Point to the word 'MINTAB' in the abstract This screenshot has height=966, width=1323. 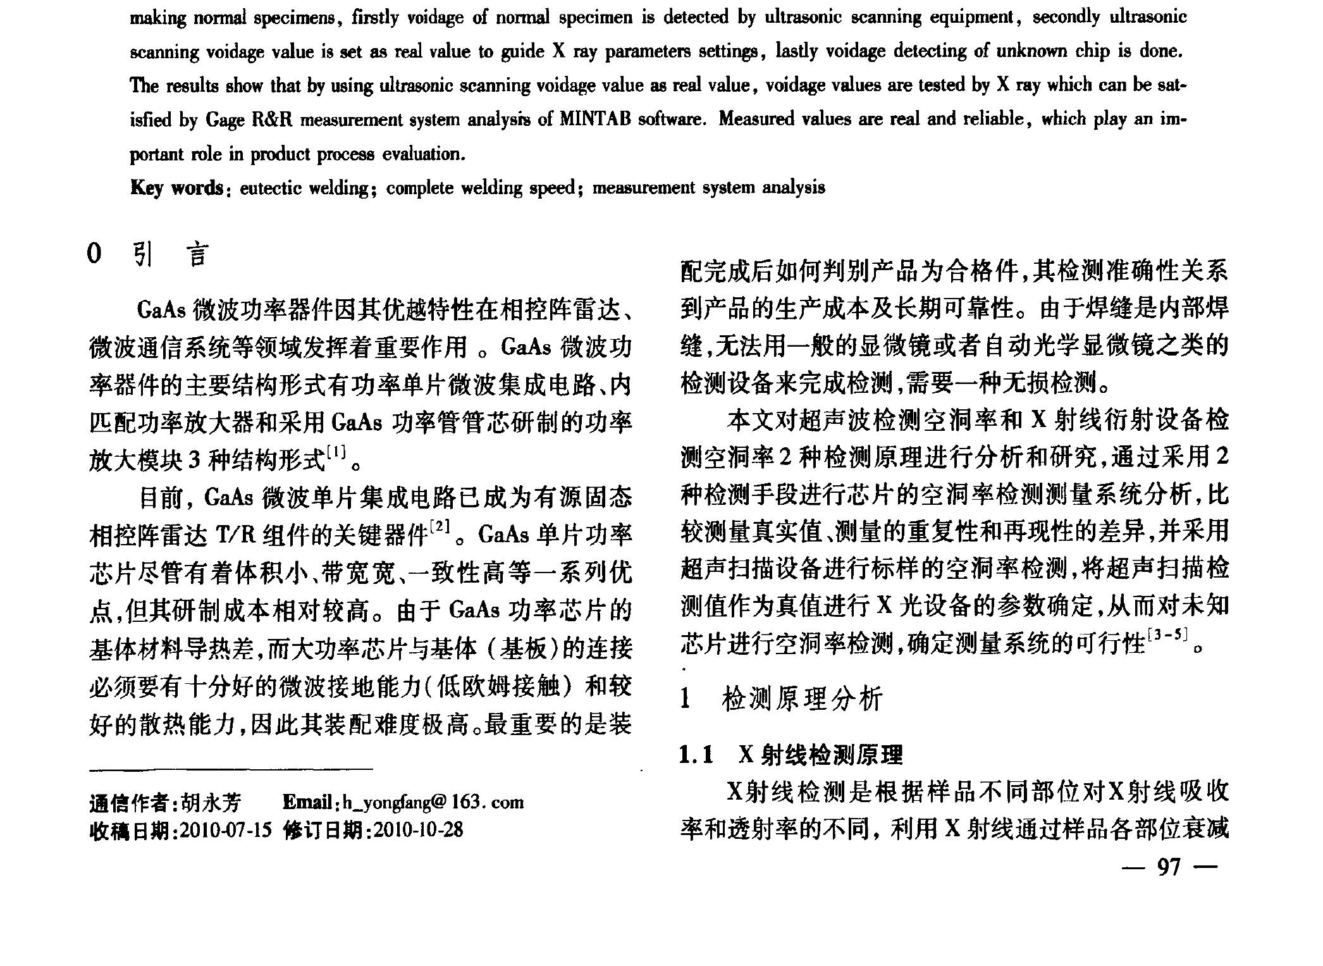coord(595,120)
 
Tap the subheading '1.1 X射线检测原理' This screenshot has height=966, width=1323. coord(791,755)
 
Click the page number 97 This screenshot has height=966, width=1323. coord(1169,867)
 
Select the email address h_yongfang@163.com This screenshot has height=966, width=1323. coord(433,802)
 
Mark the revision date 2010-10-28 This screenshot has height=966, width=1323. coord(418,829)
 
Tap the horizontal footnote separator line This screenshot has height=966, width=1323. coord(231,770)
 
